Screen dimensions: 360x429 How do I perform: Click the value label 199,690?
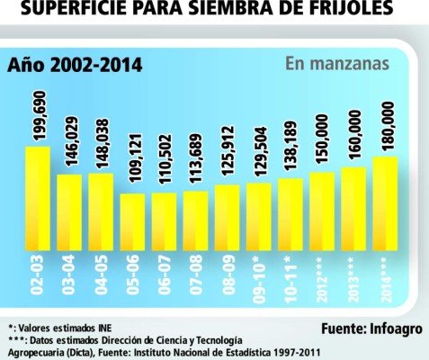pos(37,113)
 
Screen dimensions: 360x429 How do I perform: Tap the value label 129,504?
pos(260,153)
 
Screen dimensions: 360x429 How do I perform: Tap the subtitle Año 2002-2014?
pos(75,66)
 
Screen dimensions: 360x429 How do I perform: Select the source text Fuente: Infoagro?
pos(370,325)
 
